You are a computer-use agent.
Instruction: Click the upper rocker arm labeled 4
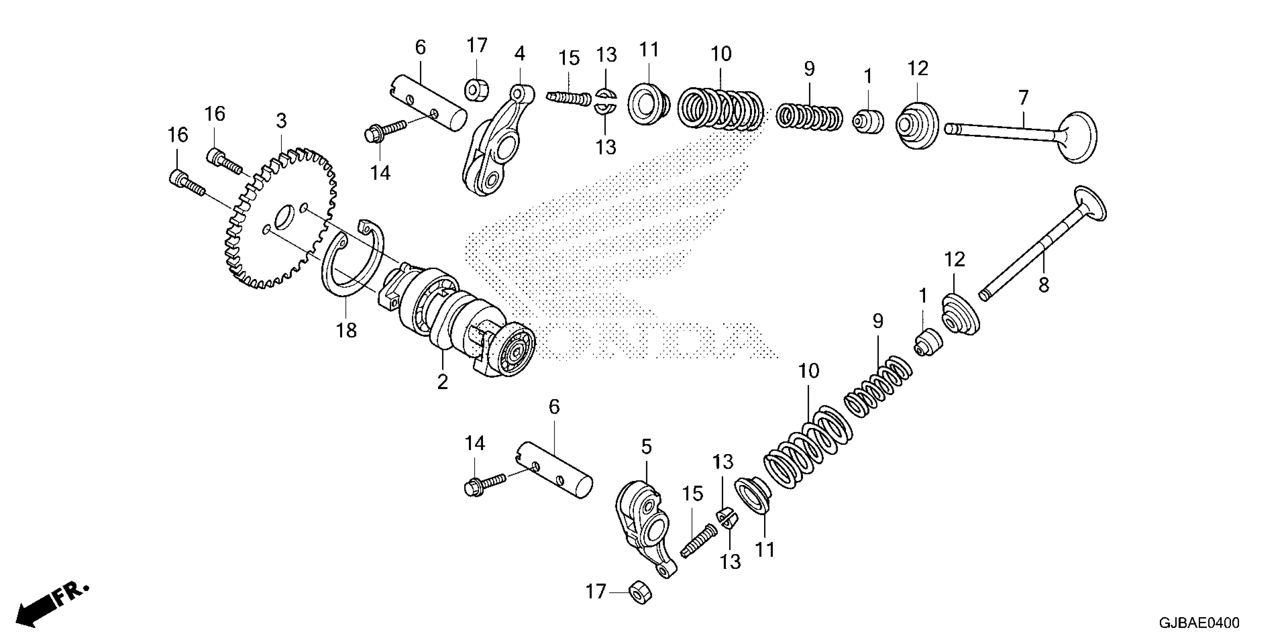tap(495, 145)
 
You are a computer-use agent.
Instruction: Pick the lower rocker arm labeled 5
tap(645, 530)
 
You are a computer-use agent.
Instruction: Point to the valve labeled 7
tap(1025, 133)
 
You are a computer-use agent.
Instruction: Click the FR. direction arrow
tap(50, 605)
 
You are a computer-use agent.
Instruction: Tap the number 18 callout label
tap(346, 330)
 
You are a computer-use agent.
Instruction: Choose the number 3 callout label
tap(281, 121)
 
